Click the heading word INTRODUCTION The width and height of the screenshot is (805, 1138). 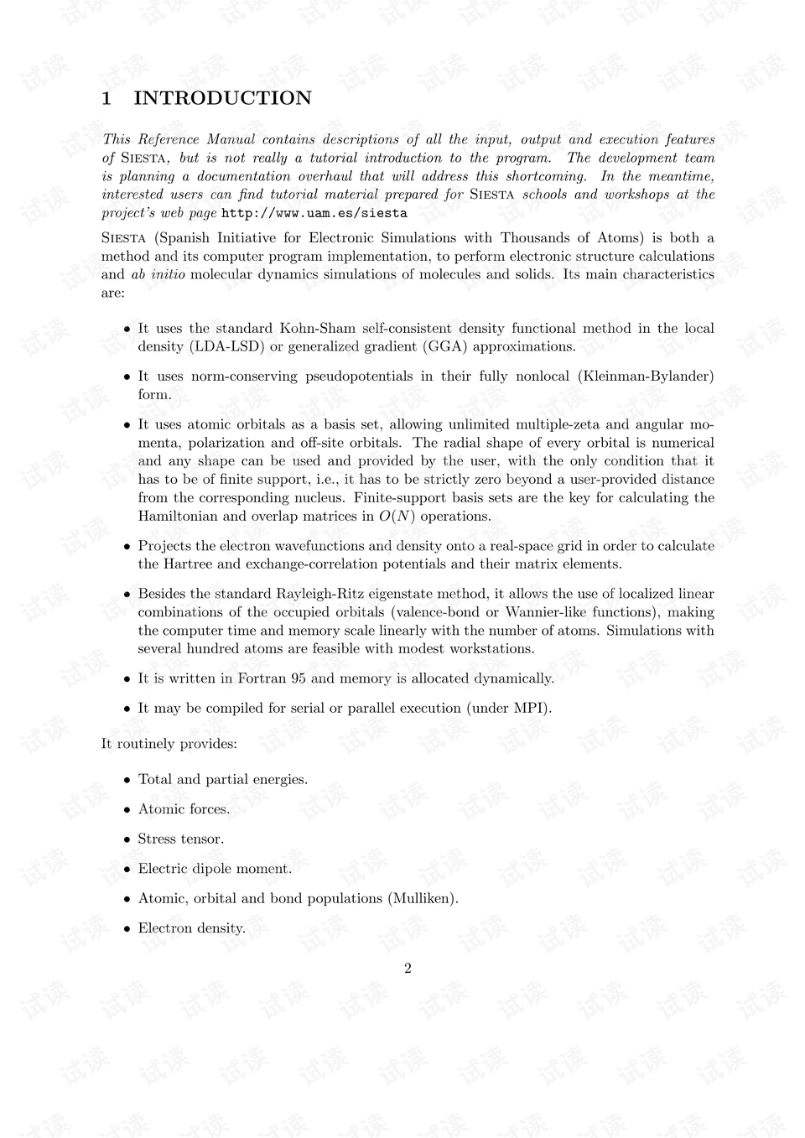click(x=222, y=98)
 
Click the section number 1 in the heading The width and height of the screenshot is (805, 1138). click(x=106, y=98)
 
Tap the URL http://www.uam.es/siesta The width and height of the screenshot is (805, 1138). click(x=314, y=213)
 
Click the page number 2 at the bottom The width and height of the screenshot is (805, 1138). click(x=408, y=969)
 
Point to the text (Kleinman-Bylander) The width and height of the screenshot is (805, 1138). click(x=646, y=377)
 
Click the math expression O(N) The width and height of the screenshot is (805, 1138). click(x=397, y=517)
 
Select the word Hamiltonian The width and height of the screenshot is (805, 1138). click(x=177, y=517)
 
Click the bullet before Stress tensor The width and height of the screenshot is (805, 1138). click(x=127, y=839)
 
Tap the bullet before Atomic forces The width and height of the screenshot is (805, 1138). click(x=127, y=810)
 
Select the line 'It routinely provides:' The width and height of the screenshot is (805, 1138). click(x=169, y=744)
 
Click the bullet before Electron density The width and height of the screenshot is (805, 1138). click(x=127, y=929)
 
